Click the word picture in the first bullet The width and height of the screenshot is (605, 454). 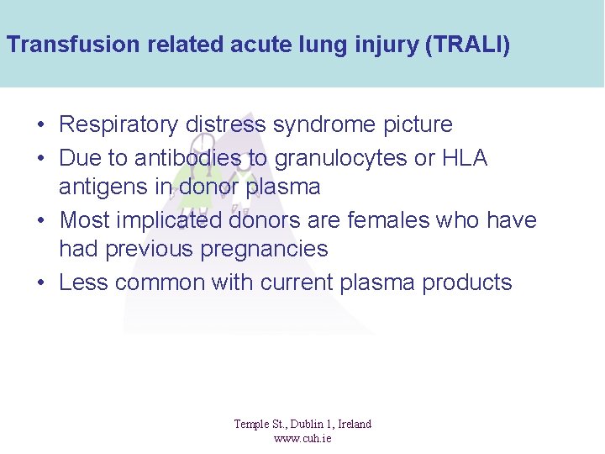[x=418, y=125]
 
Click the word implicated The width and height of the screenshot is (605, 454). [x=172, y=220]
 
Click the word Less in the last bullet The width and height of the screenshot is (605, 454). [x=84, y=282]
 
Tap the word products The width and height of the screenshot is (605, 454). [x=467, y=282]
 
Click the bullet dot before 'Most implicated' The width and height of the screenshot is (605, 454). [x=41, y=221]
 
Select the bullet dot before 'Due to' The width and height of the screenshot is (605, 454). [x=41, y=159]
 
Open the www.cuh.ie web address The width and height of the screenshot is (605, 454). [x=302, y=438]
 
